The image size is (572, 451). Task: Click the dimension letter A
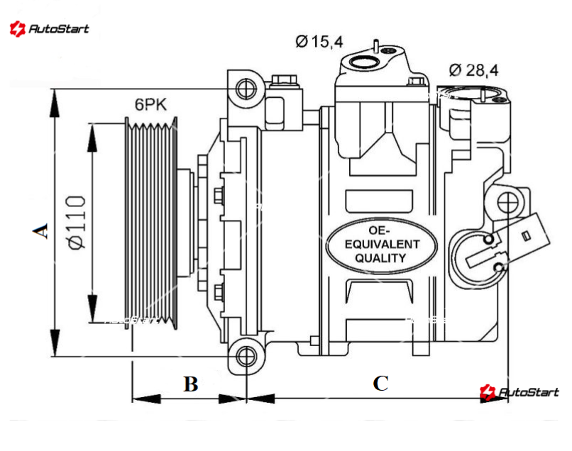click(43, 230)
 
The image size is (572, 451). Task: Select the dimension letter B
click(190, 384)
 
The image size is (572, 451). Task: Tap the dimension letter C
click(381, 384)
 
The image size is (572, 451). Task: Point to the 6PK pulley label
click(150, 105)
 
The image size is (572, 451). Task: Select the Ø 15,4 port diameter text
click(319, 42)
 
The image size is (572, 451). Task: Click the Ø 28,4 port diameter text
click(473, 69)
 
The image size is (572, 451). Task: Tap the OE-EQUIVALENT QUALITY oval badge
click(379, 245)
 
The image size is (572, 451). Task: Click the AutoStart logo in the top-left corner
click(49, 29)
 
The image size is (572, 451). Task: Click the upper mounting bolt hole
click(246, 89)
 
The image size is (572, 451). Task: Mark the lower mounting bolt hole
click(246, 357)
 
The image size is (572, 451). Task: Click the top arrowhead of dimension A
click(54, 99)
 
